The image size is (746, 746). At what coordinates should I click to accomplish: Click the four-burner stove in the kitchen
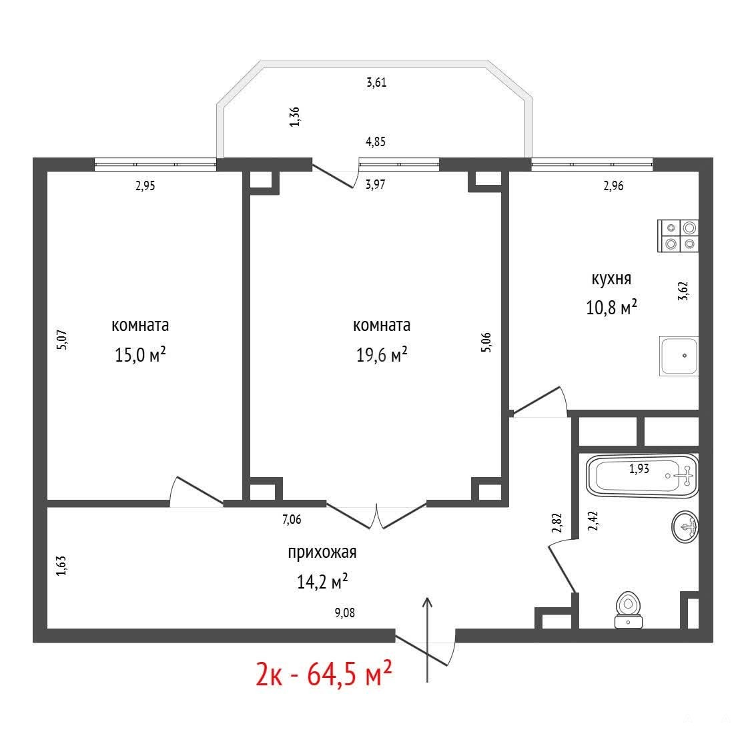click(678, 236)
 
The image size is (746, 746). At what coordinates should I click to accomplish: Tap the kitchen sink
click(679, 356)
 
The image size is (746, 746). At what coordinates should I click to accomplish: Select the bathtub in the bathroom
click(643, 476)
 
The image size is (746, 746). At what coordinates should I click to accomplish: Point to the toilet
click(629, 610)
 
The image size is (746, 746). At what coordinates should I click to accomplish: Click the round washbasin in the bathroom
click(685, 526)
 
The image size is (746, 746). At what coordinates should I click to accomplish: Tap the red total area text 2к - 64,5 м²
click(324, 673)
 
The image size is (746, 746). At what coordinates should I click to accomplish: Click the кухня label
click(611, 278)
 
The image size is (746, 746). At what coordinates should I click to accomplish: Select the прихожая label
click(322, 552)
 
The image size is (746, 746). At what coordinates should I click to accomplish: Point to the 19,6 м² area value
click(382, 354)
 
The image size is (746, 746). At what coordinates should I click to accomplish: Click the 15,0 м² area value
click(140, 354)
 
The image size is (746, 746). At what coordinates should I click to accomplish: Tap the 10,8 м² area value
click(611, 308)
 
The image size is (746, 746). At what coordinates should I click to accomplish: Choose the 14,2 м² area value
click(322, 581)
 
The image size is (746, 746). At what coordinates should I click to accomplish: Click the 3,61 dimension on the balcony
click(376, 82)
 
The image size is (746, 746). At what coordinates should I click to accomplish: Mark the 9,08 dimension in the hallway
click(345, 613)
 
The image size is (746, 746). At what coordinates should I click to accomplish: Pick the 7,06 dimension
click(292, 519)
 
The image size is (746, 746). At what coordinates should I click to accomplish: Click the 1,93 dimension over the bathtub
click(639, 468)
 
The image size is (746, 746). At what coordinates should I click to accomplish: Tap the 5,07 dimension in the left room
click(62, 340)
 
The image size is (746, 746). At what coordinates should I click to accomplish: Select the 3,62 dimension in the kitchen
click(683, 291)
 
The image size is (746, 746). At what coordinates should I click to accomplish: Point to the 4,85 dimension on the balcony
click(376, 141)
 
